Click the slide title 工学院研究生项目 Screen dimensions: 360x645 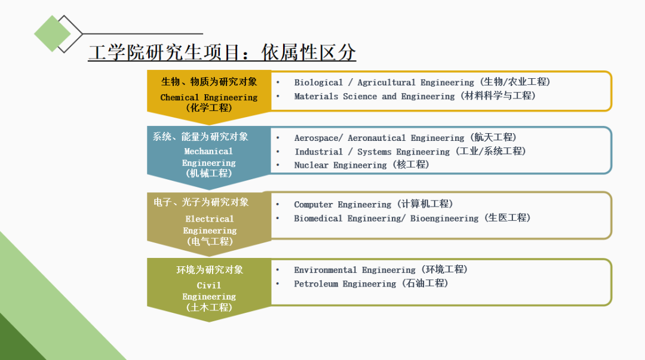coord(222,52)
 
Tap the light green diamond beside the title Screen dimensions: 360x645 coord(53,33)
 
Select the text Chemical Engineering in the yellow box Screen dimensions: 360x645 coord(209,97)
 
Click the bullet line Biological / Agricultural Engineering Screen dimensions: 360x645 coord(422,82)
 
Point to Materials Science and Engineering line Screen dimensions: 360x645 coord(414,96)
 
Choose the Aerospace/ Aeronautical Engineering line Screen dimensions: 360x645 coord(405,138)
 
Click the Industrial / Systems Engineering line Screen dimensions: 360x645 coord(410,152)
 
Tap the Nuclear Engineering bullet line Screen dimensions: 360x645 coord(361,165)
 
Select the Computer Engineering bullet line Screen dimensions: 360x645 coord(373,204)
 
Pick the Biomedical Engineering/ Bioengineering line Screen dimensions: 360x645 coord(412,219)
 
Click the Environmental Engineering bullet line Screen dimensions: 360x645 coord(380,270)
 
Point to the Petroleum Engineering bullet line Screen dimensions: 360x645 coord(370,284)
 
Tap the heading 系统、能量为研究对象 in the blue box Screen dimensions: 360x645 coord(200,137)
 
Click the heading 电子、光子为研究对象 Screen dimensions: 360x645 coord(201,202)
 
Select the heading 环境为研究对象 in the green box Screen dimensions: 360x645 coord(210,270)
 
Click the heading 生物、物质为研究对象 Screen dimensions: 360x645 coord(209,82)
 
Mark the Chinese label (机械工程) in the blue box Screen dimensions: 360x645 coord(209,174)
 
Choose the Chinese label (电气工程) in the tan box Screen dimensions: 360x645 coord(210,242)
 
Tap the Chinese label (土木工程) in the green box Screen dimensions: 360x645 coord(209,308)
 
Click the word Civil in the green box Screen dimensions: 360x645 coord(209,285)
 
